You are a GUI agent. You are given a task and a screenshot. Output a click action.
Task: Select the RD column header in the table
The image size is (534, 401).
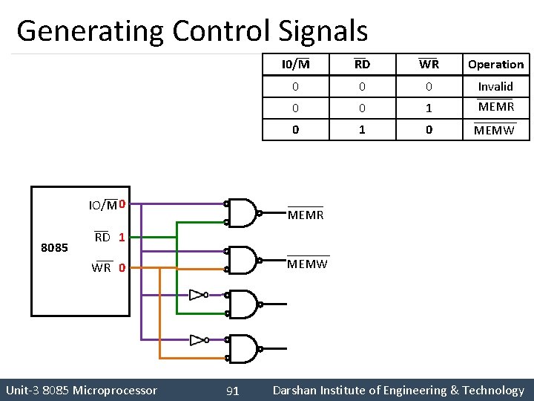(362, 65)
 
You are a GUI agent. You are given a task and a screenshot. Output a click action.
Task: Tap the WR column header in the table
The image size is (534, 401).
(429, 65)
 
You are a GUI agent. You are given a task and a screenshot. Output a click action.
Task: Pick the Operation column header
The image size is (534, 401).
(495, 65)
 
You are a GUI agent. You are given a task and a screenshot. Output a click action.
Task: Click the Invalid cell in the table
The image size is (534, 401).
(495, 87)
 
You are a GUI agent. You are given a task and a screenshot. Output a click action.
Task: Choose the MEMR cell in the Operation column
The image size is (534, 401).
(495, 107)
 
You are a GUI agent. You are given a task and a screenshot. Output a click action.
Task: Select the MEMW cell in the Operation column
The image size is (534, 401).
(494, 131)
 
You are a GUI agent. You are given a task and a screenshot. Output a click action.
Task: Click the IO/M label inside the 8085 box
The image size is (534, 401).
(102, 206)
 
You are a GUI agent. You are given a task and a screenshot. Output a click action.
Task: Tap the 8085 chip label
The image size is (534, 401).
(55, 247)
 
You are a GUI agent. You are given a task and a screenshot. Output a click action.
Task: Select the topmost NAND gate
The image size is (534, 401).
(243, 212)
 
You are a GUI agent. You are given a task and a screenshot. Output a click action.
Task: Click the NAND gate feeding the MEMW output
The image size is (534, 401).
(243, 260)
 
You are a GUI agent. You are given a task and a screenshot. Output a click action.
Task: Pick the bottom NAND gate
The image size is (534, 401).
(243, 348)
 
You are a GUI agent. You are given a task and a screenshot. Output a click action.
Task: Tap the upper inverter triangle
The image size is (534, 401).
(197, 295)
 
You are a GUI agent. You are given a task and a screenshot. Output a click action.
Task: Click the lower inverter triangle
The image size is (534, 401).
(197, 340)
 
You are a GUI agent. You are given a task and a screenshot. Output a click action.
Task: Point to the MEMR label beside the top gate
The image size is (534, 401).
(306, 215)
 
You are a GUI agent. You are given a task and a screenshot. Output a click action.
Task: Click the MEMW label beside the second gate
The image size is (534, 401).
(307, 264)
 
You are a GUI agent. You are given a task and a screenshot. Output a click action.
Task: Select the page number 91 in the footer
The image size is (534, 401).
(232, 391)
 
